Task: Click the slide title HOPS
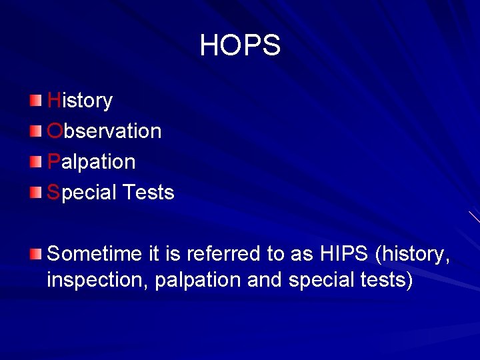[x=240, y=45]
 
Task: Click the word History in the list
[x=80, y=101]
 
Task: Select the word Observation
[x=105, y=131]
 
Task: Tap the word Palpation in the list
[x=91, y=162]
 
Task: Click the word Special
[x=80, y=193]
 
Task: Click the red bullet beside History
[x=35, y=100]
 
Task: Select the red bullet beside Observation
[x=35, y=131]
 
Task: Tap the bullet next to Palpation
[x=35, y=161]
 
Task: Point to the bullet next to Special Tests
[x=35, y=192]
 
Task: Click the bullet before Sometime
[x=35, y=253]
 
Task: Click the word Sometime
[x=90, y=254]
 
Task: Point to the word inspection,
[x=98, y=281]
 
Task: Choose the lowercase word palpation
[x=198, y=281]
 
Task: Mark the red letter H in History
[x=53, y=101]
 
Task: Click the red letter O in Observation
[x=55, y=131]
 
